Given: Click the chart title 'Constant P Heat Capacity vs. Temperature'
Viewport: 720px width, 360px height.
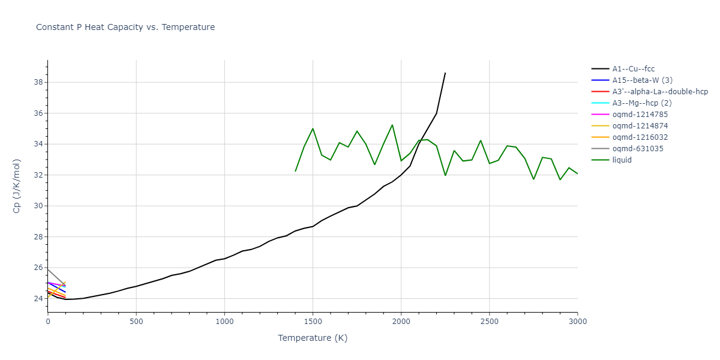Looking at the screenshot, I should [125, 27].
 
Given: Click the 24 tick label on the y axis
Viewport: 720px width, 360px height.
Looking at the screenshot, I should [38, 299].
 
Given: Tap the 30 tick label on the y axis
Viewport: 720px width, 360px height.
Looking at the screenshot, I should [38, 206].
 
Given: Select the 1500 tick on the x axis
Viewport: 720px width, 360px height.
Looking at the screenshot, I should [313, 321].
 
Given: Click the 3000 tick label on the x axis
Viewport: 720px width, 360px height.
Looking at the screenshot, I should [577, 321].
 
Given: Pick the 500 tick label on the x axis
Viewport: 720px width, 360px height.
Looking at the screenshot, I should [136, 321].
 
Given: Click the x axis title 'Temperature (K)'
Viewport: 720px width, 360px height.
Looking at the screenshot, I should [313, 338].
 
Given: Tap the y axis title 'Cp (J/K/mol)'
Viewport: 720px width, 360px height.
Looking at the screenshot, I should [17, 186].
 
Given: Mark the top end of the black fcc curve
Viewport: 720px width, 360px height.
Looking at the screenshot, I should [445, 73].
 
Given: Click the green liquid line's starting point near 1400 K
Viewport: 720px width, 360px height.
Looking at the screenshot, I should [295, 171].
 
